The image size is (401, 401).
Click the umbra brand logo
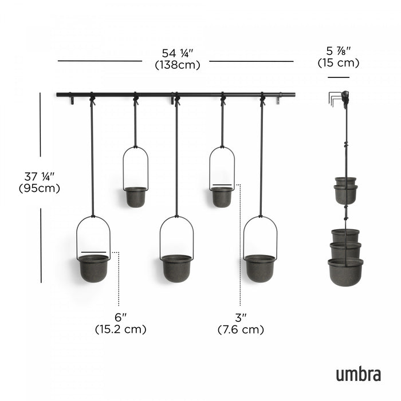[358, 374]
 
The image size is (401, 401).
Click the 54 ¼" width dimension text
[178, 53]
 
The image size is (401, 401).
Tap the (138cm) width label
[178, 65]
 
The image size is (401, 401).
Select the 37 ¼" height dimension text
[40, 176]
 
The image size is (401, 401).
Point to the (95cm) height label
[40, 188]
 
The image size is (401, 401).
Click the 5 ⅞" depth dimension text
[339, 50]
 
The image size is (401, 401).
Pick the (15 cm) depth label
[339, 63]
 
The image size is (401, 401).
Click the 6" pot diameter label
[120, 317]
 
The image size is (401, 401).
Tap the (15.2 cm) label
[120, 329]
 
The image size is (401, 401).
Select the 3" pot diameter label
[241, 317]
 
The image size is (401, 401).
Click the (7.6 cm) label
[241, 329]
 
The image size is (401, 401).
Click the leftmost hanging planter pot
[93, 268]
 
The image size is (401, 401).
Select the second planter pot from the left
[135, 196]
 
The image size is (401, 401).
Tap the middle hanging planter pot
[176, 268]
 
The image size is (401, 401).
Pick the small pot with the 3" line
[222, 196]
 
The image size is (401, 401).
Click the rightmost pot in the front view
[260, 268]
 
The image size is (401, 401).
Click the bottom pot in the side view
[345, 271]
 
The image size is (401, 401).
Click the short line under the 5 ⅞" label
[339, 77]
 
